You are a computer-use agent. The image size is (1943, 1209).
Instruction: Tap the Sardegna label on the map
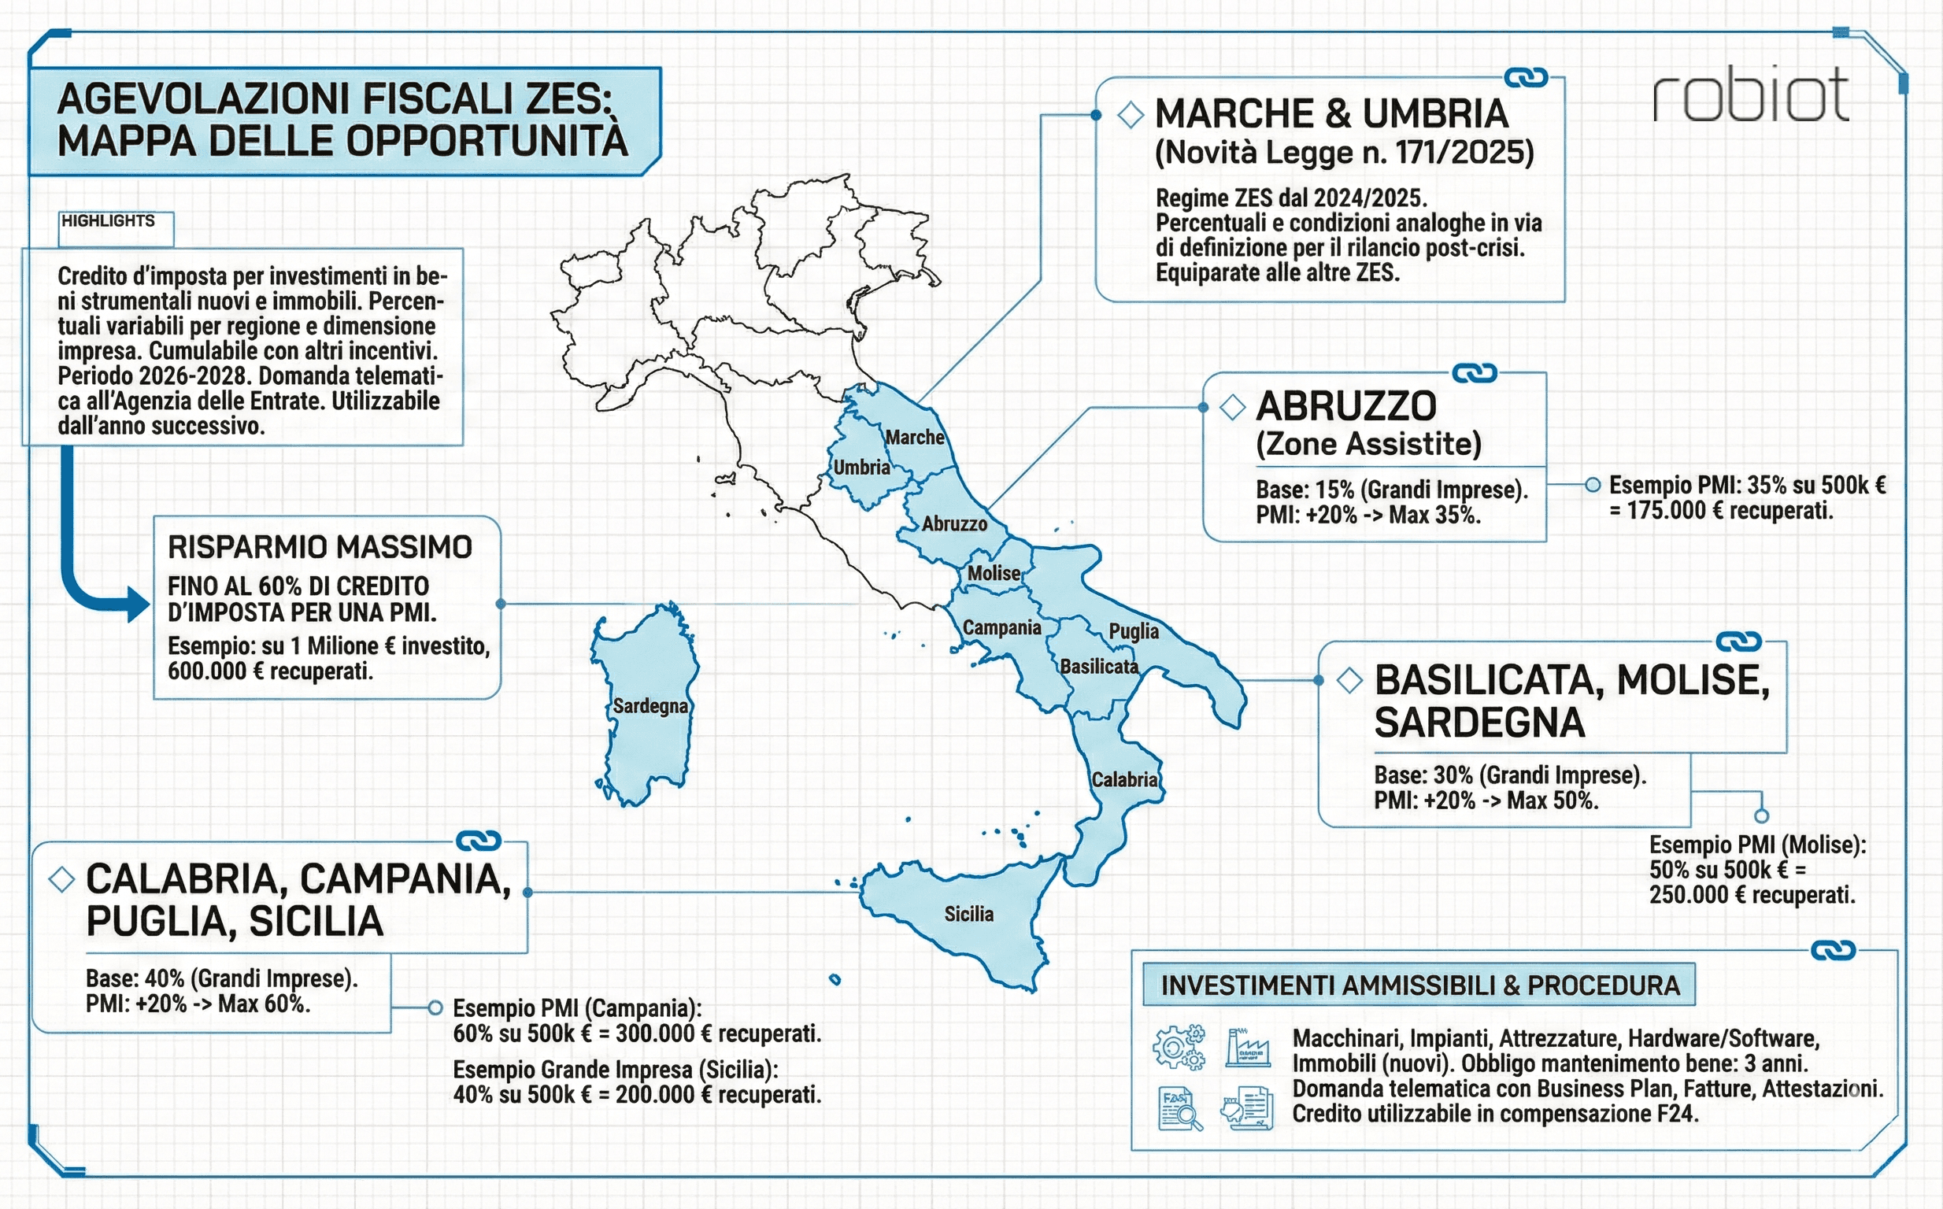pyautogui.click(x=650, y=706)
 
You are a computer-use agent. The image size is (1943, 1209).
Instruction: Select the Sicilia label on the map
pyautogui.click(x=968, y=914)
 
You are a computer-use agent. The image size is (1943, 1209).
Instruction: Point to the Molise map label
pyautogui.click(x=993, y=573)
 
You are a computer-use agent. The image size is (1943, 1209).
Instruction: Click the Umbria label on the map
pyautogui.click(x=861, y=467)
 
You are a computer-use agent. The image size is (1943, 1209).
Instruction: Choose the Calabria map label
pyautogui.click(x=1124, y=779)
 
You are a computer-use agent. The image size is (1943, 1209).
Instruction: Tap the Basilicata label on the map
pyautogui.click(x=1098, y=667)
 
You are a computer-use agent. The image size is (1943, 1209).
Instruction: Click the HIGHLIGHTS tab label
pyautogui.click(x=108, y=221)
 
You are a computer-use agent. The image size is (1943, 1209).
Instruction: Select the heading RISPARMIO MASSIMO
pyautogui.click(x=320, y=548)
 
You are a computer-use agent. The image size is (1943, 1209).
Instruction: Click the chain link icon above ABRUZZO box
pyautogui.click(x=1474, y=373)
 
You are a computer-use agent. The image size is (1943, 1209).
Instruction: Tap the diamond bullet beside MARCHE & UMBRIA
pyautogui.click(x=1130, y=115)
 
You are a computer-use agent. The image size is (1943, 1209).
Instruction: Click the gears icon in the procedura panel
pyautogui.click(x=1179, y=1047)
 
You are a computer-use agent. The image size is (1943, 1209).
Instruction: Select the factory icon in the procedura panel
pyautogui.click(x=1247, y=1048)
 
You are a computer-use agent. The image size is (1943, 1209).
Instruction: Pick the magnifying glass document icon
pyautogui.click(x=1179, y=1109)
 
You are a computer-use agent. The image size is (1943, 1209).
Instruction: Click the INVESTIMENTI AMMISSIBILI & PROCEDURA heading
pyautogui.click(x=1419, y=986)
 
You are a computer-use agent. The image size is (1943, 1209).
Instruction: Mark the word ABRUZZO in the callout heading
pyautogui.click(x=1345, y=407)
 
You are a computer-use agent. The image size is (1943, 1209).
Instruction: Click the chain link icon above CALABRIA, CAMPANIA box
pyautogui.click(x=478, y=841)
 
